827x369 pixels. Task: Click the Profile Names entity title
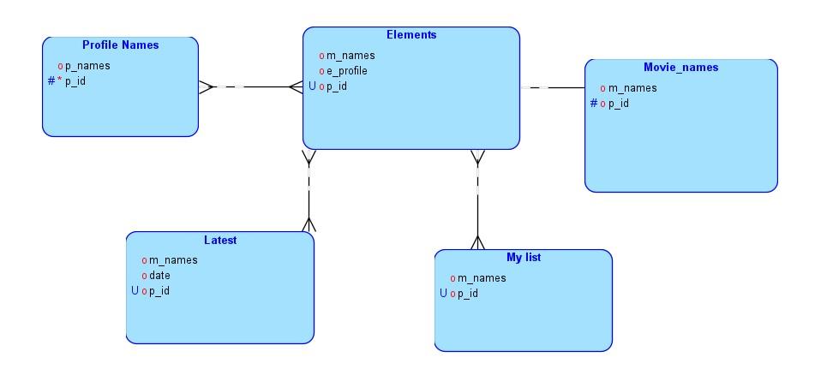(120, 45)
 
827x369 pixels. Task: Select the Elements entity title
(411, 35)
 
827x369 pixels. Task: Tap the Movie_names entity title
(680, 67)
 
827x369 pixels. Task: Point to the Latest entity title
(220, 241)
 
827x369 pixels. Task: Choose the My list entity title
(524, 257)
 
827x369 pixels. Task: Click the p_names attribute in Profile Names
(87, 66)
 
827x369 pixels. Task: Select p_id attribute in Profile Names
(75, 81)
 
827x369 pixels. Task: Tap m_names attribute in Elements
(351, 56)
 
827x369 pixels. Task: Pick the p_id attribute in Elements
(336, 86)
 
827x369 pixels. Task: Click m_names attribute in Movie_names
(632, 88)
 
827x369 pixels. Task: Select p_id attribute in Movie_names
(619, 104)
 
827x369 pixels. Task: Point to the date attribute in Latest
(159, 276)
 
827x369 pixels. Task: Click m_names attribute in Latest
(173, 260)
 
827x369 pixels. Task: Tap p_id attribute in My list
(467, 294)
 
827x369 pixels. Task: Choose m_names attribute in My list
(482, 278)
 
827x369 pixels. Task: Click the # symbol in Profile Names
(51, 81)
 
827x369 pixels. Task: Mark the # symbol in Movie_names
(594, 104)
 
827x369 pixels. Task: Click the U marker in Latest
(135, 291)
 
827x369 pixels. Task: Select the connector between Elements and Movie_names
(553, 87)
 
